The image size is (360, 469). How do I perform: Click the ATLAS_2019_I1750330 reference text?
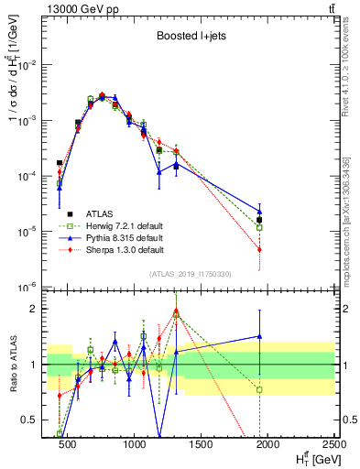tap(191, 274)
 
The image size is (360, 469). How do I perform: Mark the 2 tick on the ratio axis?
tap(37, 309)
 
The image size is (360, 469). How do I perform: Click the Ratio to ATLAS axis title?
tap(13, 364)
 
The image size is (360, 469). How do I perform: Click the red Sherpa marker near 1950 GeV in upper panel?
tap(260, 249)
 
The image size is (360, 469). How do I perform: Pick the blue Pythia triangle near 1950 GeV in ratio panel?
tap(260, 336)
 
